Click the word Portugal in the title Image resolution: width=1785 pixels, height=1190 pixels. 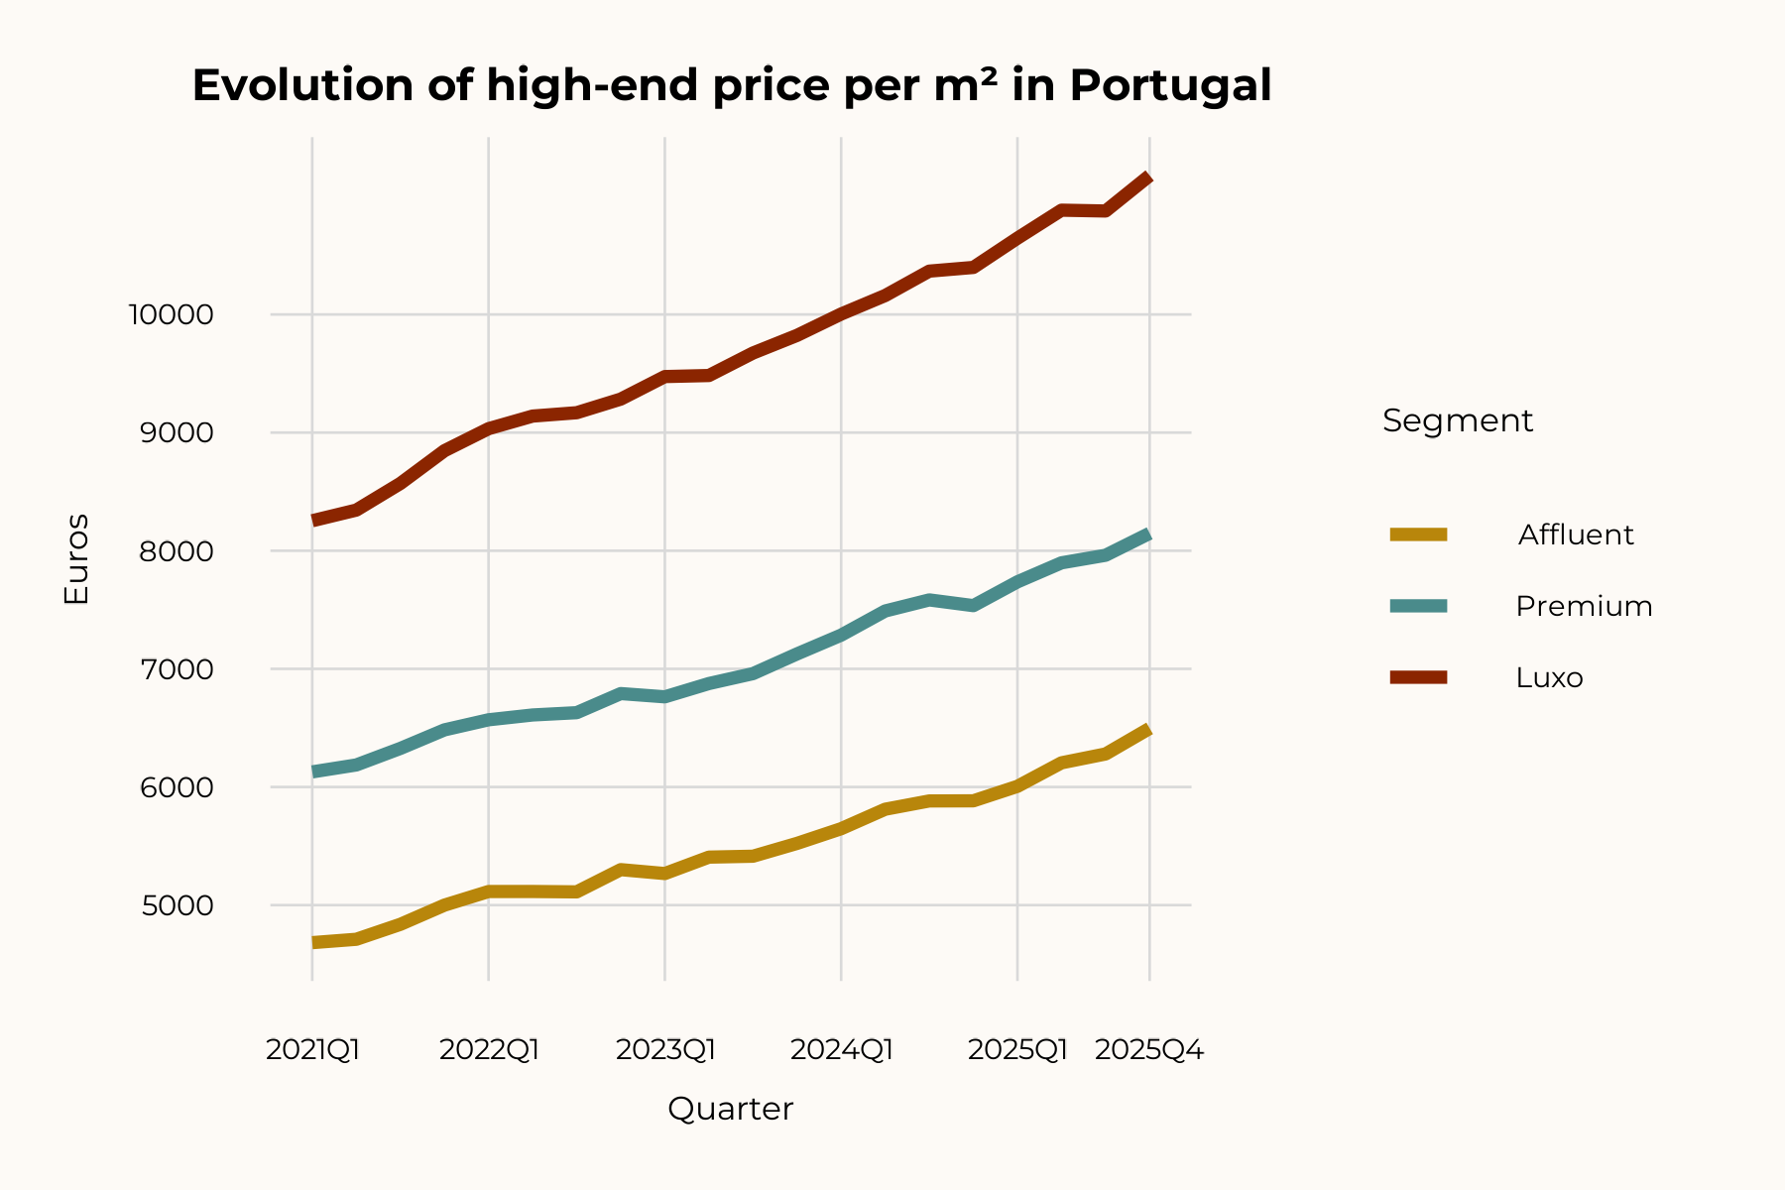click(x=1170, y=86)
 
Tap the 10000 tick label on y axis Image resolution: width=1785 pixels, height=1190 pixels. click(x=171, y=315)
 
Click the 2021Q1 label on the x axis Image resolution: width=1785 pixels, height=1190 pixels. click(x=312, y=1049)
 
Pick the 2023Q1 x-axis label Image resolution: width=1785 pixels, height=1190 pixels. click(x=665, y=1049)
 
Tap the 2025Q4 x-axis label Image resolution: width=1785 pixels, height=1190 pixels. click(x=1149, y=1049)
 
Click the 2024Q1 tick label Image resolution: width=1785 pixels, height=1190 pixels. click(x=842, y=1049)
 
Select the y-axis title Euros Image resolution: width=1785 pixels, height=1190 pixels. click(x=76, y=559)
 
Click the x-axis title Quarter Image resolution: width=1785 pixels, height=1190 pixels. click(x=730, y=1109)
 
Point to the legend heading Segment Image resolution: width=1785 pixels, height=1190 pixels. click(x=1457, y=420)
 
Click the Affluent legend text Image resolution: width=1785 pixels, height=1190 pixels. click(x=1575, y=535)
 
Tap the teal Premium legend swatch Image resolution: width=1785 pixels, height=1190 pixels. click(x=1418, y=606)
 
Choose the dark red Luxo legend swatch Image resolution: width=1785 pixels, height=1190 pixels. click(x=1418, y=677)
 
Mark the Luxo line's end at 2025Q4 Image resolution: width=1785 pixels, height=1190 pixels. click(x=1148, y=178)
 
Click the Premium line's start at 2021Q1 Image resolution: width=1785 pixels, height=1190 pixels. click(x=313, y=772)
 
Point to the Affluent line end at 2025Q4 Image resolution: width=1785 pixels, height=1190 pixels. click(x=1148, y=731)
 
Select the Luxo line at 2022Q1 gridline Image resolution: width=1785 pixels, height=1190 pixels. click(x=489, y=428)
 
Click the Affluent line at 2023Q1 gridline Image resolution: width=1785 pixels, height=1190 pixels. click(x=665, y=874)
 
